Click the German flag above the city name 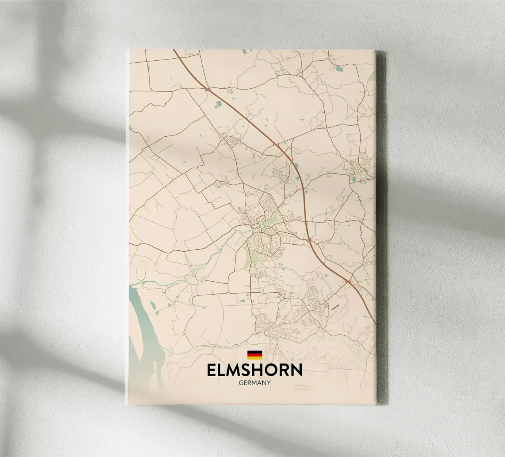(x=254, y=355)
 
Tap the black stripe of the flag (x=254, y=352)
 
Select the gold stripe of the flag (x=254, y=358)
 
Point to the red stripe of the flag (x=254, y=355)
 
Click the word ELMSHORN (x=254, y=370)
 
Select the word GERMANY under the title (x=254, y=382)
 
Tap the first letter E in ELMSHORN (x=211, y=370)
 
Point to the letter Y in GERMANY (x=268, y=382)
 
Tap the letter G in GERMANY (x=241, y=382)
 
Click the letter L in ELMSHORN (x=221, y=370)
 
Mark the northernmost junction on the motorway (x=208, y=90)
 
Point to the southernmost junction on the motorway (x=348, y=281)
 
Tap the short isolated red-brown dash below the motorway (x=336, y=306)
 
